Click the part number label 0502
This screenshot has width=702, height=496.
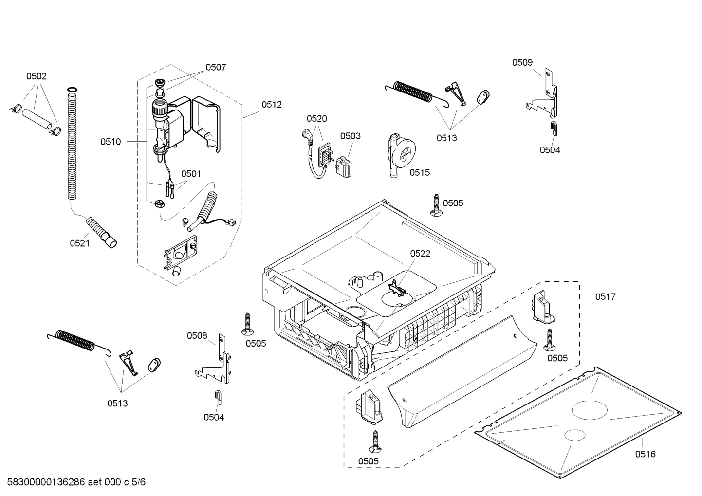(36, 76)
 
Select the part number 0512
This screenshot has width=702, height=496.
(271, 104)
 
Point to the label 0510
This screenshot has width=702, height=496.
(111, 142)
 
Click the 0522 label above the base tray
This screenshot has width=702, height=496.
(420, 254)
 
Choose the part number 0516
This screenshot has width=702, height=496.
(645, 454)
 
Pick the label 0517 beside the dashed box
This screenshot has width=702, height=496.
(605, 296)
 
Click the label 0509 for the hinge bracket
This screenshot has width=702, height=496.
(522, 62)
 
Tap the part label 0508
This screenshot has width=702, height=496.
(197, 335)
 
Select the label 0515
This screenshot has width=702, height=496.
(419, 172)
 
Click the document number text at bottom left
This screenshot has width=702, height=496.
(74, 482)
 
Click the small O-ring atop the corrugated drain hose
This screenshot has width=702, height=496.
(72, 89)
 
